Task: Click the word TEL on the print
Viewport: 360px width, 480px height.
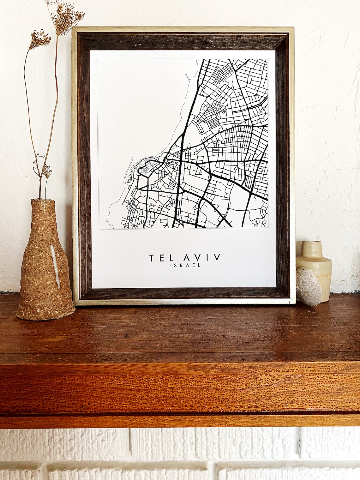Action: tap(159, 258)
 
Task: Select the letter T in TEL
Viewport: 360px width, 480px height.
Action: tap(152, 258)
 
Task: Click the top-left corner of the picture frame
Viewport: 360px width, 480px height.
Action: tap(73, 28)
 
